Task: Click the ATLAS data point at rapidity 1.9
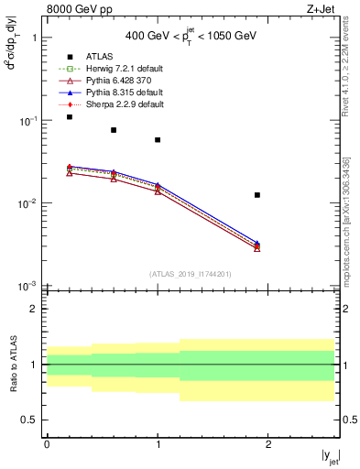(x=257, y=195)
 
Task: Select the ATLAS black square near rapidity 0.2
(x=70, y=117)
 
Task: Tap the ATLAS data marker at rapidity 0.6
(x=114, y=130)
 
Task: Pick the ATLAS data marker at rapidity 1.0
(x=158, y=140)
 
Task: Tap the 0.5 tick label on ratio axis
(x=30, y=420)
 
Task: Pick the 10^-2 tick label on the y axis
(x=27, y=203)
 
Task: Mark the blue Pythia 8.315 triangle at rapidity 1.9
(x=257, y=244)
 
